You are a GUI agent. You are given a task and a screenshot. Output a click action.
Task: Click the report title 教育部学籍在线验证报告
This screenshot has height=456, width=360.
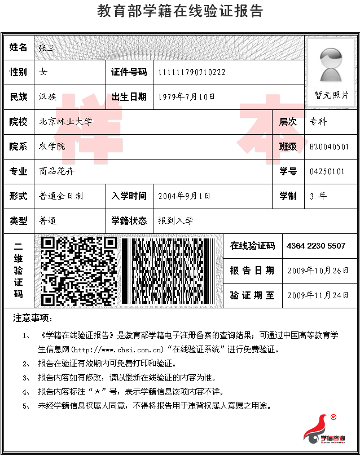click(180, 11)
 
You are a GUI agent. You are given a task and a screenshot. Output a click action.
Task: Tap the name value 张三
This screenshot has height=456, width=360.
click(46, 48)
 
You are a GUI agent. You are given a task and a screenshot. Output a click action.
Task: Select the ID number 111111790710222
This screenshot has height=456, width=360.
click(192, 72)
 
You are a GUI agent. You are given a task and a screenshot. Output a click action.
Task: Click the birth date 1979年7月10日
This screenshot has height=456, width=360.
click(187, 97)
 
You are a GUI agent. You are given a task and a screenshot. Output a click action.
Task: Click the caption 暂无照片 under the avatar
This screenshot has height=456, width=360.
click(331, 95)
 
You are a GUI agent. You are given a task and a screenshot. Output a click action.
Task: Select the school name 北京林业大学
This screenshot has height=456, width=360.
click(65, 122)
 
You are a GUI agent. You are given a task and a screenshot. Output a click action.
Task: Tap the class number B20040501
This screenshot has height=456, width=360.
click(333, 147)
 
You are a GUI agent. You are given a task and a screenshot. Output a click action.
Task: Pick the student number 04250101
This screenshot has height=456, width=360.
click(327, 171)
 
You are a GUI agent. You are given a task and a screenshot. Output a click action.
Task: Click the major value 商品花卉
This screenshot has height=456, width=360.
click(56, 171)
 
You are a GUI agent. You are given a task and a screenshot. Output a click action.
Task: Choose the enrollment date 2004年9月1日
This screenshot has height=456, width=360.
click(184, 196)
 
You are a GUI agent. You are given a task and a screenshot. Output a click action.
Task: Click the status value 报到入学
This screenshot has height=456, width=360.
click(175, 221)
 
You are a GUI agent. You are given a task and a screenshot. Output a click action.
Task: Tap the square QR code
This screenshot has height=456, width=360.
click(80, 272)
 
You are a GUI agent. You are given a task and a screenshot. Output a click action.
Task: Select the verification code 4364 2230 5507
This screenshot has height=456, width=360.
click(316, 246)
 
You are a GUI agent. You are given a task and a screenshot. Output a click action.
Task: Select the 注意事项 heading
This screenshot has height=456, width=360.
click(33, 319)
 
